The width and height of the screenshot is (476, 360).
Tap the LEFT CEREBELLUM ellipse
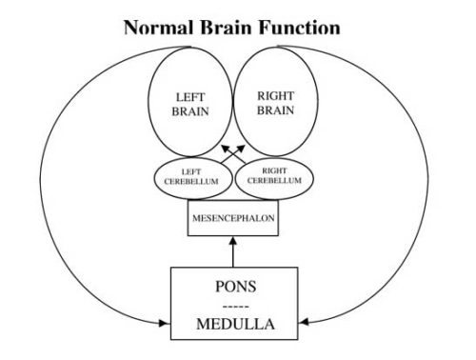[190, 177]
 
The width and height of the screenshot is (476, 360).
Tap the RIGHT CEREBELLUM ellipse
[273, 177]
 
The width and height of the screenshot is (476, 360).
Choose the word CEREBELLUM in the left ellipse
[190, 182]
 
